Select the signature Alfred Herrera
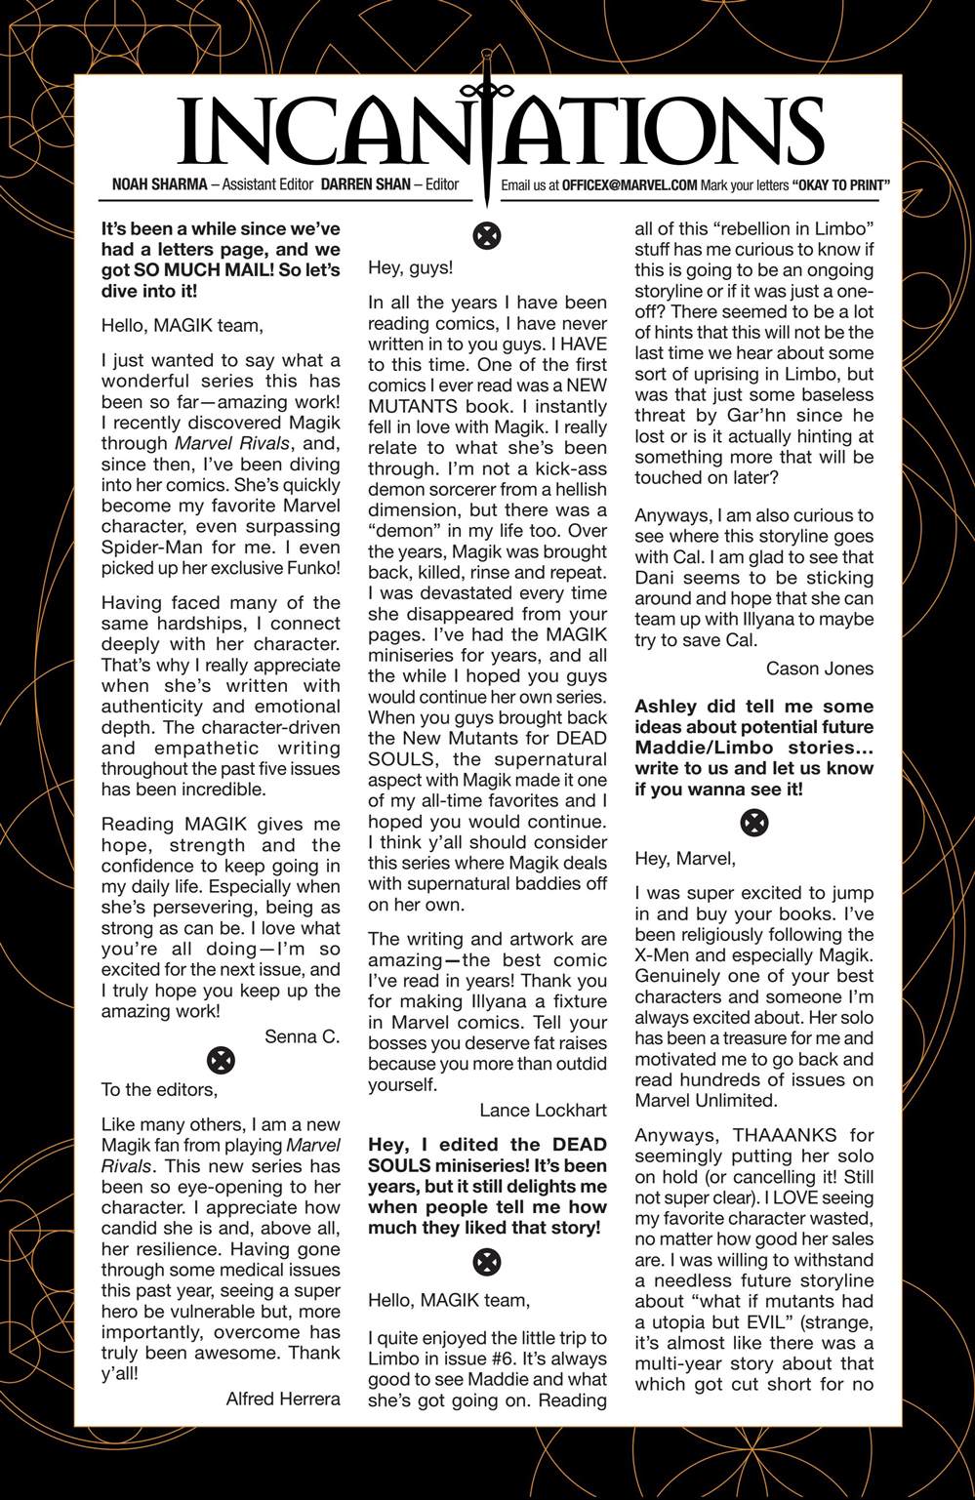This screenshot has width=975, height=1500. (283, 1399)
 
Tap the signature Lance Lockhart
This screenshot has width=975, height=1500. (543, 1111)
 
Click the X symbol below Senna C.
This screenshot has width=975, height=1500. (222, 1061)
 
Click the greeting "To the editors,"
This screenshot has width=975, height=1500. (159, 1089)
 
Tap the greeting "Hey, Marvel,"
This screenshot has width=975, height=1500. (684, 859)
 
